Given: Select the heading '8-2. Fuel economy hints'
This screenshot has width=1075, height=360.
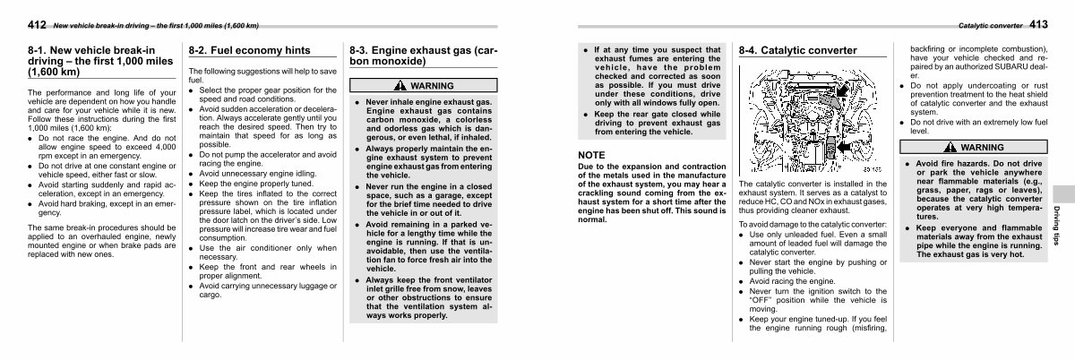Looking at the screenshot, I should click(x=236, y=51).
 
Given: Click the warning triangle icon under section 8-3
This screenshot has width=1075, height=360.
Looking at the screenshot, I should click(x=400, y=86).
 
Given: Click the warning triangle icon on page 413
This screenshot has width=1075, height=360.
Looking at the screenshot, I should click(x=953, y=147).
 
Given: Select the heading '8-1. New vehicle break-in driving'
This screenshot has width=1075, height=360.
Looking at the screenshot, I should click(x=90, y=61).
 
